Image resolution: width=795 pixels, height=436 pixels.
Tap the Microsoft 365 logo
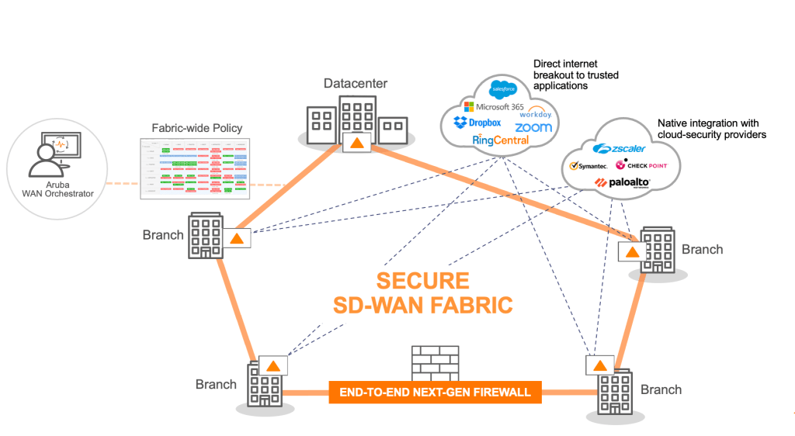(493, 106)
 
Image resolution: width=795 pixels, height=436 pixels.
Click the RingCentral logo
(500, 140)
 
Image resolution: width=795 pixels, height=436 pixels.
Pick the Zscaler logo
(620, 148)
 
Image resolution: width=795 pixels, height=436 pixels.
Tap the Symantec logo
(589, 165)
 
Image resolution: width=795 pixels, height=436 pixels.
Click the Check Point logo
(641, 165)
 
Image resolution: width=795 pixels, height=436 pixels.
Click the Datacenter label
(356, 84)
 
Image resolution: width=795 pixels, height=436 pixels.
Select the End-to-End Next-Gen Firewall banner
(435, 392)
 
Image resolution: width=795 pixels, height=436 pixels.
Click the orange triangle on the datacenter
(356, 143)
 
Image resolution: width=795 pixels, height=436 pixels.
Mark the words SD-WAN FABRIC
(423, 305)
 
